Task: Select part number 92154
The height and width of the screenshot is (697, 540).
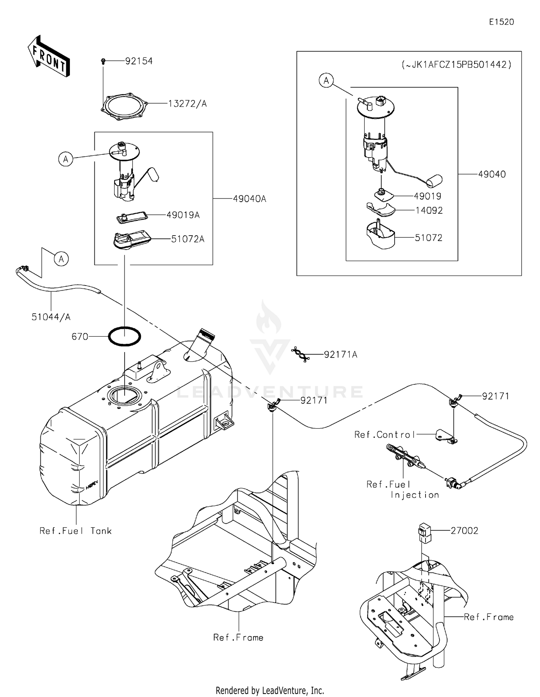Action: coord(139,61)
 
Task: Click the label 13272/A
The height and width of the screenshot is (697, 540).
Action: coord(187,104)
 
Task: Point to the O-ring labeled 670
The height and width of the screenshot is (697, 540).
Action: coord(125,336)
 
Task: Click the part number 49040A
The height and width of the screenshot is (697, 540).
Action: coord(249,199)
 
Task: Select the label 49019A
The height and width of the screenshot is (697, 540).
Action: coord(183,215)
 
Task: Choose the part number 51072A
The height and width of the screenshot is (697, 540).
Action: coord(188,239)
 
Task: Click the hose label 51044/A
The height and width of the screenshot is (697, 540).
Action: coord(51,317)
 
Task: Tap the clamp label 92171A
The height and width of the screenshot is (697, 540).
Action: coord(340,355)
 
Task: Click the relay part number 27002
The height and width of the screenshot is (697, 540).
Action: coord(464,531)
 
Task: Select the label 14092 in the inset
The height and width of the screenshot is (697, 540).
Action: coord(429,210)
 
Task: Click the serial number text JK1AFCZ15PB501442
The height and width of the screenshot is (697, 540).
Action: coord(456,65)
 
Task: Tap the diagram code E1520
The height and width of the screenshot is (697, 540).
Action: coord(501,22)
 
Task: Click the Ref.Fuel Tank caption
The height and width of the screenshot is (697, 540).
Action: coord(76,531)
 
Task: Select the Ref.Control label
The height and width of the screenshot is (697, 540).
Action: coord(384,435)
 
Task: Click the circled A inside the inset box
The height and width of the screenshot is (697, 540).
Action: coord(326,81)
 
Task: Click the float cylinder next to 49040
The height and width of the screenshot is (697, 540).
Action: coord(435,181)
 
